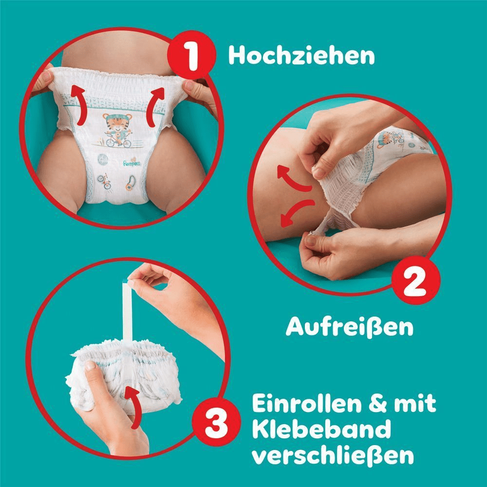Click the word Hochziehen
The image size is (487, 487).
tap(301, 56)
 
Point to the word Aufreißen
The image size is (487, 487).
tap(349, 328)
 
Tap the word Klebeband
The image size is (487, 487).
tap(322, 431)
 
